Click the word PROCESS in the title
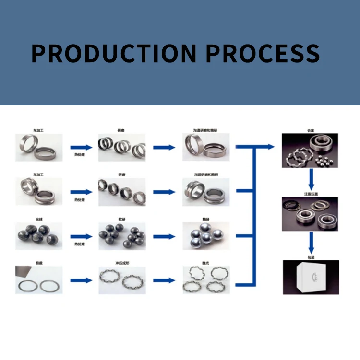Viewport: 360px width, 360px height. tap(263, 53)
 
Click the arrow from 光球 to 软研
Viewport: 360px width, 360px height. tap(81, 236)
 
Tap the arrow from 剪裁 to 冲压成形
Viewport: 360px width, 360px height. tap(81, 280)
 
